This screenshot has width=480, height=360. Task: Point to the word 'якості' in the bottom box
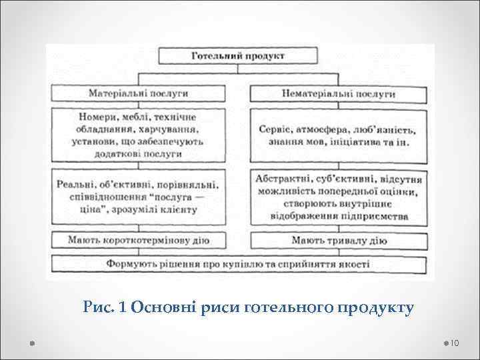[x=353, y=264]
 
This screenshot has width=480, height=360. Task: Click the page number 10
[x=456, y=343]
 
